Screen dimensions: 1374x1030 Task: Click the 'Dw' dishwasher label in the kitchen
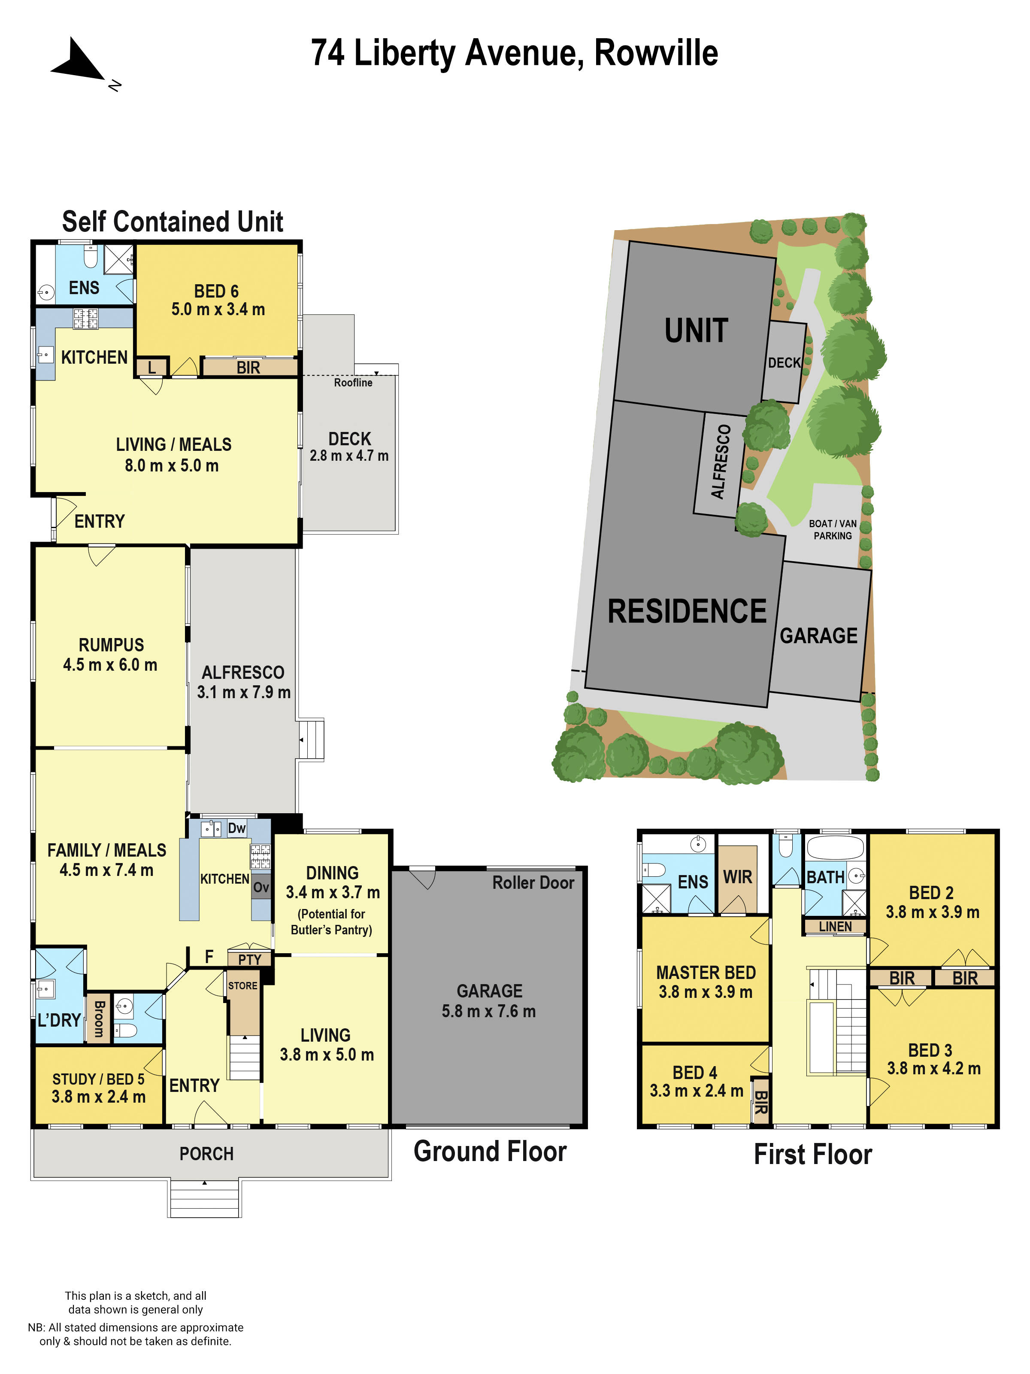[x=236, y=828]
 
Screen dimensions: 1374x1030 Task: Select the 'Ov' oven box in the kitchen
[x=261, y=887]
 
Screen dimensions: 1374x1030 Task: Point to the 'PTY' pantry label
[x=250, y=960]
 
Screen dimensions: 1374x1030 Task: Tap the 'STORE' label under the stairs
[x=243, y=986]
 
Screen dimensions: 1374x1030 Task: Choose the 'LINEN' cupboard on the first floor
[x=835, y=927]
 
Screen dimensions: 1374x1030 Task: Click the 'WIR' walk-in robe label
[x=738, y=877]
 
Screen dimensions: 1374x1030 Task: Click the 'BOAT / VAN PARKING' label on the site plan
[x=833, y=530]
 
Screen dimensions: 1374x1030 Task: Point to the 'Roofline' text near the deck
[x=353, y=383]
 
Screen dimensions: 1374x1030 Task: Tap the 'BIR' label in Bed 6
[x=248, y=368]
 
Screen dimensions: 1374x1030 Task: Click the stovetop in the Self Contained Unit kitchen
[x=86, y=319]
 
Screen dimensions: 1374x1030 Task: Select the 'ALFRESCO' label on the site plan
[x=720, y=462]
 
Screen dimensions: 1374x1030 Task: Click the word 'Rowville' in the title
[x=656, y=53]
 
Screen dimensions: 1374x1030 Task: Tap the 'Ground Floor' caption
[x=490, y=1152]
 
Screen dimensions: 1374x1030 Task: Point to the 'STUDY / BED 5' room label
[x=98, y=1079]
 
